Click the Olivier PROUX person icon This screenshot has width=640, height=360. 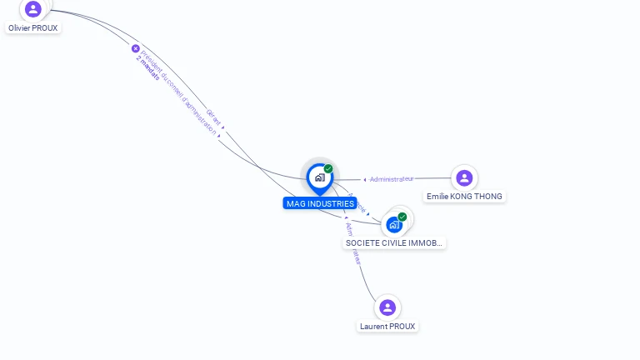click(33, 9)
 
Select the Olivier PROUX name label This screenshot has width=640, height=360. click(33, 27)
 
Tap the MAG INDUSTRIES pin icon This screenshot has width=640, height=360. click(319, 177)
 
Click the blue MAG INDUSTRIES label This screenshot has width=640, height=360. click(320, 203)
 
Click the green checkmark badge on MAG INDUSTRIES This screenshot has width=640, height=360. click(328, 169)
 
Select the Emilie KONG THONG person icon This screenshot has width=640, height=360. click(464, 177)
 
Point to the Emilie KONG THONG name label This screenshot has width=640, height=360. click(464, 197)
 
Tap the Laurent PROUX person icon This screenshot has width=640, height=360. click(387, 307)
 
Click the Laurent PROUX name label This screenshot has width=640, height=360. click(387, 327)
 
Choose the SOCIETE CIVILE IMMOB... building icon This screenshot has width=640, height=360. click(394, 224)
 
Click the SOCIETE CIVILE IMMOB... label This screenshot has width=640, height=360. click(394, 243)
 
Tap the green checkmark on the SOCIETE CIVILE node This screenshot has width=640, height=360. click(402, 217)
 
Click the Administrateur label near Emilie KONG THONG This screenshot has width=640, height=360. click(392, 179)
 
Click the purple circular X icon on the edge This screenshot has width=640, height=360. click(136, 48)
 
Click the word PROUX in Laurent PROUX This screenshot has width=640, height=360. click(402, 327)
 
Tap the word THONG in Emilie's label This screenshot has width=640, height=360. click(487, 197)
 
